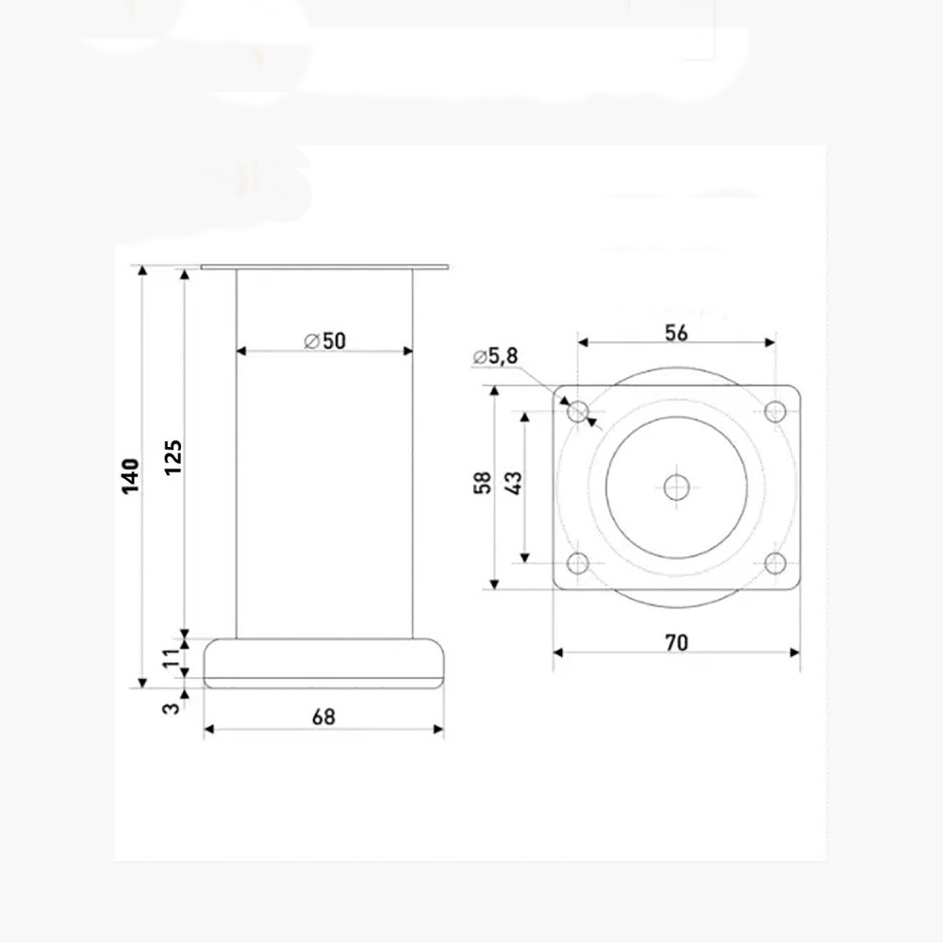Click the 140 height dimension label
pyautogui.click(x=130, y=475)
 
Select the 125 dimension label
pyautogui.click(x=174, y=457)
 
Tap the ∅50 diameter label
pyautogui.click(x=324, y=341)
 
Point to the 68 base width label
pyautogui.click(x=323, y=717)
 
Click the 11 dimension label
pyautogui.click(x=172, y=656)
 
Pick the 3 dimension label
pyautogui.click(x=172, y=708)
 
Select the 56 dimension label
pyautogui.click(x=676, y=333)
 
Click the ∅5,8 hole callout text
pyautogui.click(x=495, y=356)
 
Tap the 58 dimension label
pyautogui.click(x=482, y=483)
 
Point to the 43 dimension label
pyautogui.click(x=513, y=483)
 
